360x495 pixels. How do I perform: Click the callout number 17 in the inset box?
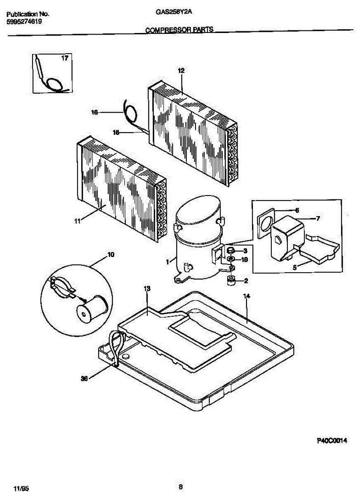[x=64, y=58]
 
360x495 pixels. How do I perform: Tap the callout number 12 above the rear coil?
[x=181, y=71]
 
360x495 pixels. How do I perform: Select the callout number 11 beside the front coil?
[x=77, y=222]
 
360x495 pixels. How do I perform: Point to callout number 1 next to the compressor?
[x=167, y=262]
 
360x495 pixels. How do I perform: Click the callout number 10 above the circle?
[x=111, y=255]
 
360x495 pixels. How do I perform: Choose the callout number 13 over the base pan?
[x=147, y=289]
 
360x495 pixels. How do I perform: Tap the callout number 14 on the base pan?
[x=247, y=296]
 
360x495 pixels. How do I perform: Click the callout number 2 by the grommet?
[x=246, y=281]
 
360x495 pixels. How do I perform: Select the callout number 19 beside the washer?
[x=245, y=259]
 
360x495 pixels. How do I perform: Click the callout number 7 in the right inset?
[x=318, y=219]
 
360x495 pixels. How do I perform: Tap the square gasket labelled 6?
[x=266, y=226]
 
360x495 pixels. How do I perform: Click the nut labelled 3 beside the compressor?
[x=231, y=250]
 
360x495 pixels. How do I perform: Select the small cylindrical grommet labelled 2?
[x=231, y=281]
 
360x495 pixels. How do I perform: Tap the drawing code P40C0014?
[x=332, y=441]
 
